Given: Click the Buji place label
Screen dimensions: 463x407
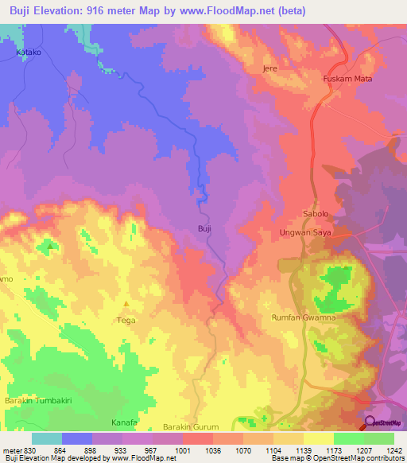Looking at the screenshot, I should pyautogui.click(x=203, y=228).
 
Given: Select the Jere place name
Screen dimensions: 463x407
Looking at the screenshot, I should pyautogui.click(x=269, y=68).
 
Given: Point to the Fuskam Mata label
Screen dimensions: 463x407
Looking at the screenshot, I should pyautogui.click(x=347, y=79).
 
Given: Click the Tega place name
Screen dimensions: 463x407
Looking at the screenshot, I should pyautogui.click(x=126, y=320).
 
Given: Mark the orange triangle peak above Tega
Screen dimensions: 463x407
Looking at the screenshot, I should pyautogui.click(x=126, y=304).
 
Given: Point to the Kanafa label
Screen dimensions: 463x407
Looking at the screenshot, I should pyautogui.click(x=124, y=422).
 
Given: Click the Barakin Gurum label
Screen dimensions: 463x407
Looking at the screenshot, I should pyautogui.click(x=190, y=427).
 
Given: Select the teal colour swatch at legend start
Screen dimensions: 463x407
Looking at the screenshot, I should pyautogui.click(x=46, y=438).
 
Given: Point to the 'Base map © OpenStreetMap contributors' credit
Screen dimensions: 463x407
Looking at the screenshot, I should pyautogui.click(x=337, y=458).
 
